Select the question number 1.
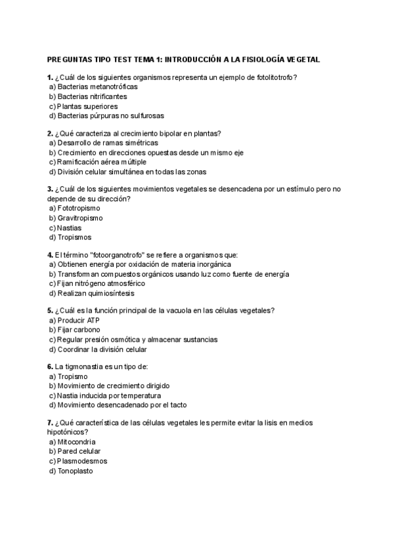tap(50, 77)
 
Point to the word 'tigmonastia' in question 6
tap(87, 367)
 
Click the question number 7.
tap(50, 422)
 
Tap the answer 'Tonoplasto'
tap(76, 471)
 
